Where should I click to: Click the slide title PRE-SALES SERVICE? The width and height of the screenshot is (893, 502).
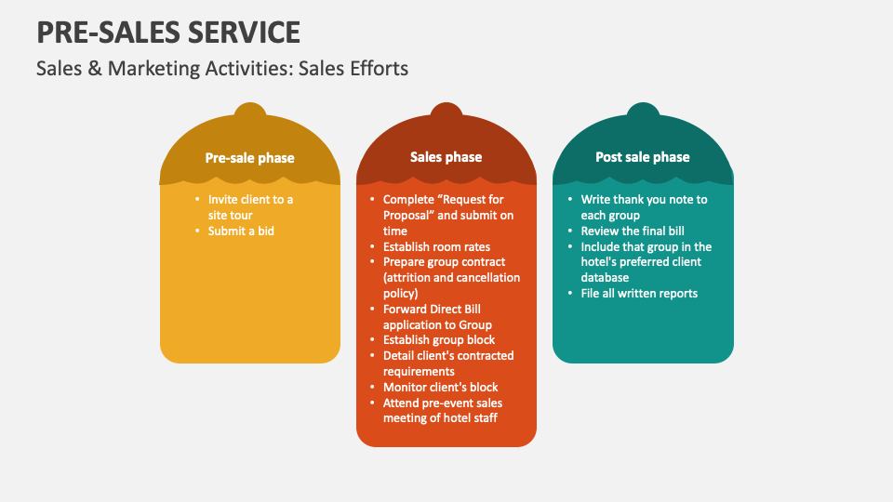(168, 33)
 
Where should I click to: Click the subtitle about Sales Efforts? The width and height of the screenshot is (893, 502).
(221, 69)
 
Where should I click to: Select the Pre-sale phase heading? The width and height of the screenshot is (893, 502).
(249, 158)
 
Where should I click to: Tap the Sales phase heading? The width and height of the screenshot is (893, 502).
(446, 157)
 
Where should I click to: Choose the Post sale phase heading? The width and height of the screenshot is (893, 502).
(642, 157)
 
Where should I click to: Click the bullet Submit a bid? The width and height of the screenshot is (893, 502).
(241, 231)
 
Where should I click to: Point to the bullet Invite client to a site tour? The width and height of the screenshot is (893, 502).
(249, 207)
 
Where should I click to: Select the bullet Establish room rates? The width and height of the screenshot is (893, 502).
(436, 246)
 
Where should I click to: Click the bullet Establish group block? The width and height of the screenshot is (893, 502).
(439, 340)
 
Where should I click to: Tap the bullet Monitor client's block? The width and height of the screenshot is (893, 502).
(440, 387)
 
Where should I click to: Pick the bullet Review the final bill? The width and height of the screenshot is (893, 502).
(633, 231)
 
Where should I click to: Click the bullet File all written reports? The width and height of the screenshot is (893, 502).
(639, 294)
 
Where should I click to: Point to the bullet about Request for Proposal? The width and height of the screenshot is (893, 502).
(446, 215)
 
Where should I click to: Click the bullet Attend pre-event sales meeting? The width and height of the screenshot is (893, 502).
(442, 410)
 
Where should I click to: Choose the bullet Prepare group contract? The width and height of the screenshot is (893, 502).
(450, 277)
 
